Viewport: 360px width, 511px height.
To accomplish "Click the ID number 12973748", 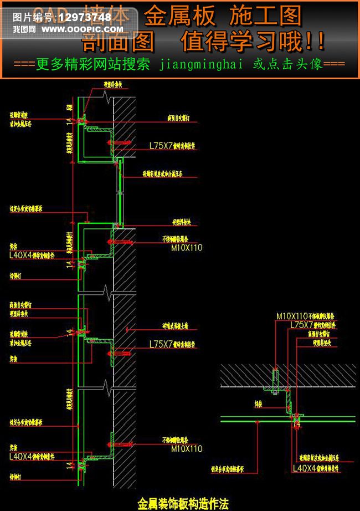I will tap(84, 17).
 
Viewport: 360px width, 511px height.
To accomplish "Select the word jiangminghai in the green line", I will tap(201, 64).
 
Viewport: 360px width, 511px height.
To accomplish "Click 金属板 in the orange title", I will tap(180, 17).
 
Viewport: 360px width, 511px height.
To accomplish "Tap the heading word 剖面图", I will tap(118, 42).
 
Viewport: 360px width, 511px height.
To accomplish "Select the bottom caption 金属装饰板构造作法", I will tap(183, 504).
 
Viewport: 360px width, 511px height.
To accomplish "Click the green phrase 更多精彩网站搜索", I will tap(93, 64).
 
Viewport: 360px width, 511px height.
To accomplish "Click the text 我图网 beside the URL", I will tap(24, 28).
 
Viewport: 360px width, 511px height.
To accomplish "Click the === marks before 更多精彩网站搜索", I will tap(24, 64).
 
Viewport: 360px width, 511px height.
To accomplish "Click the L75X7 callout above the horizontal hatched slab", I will tap(302, 325).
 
